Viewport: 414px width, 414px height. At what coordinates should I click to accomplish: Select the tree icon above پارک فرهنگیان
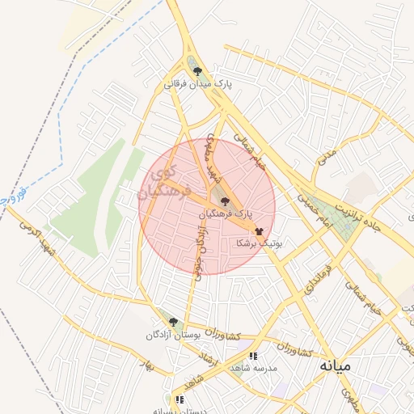[224, 201]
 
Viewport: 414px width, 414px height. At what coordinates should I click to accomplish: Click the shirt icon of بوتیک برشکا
[259, 230]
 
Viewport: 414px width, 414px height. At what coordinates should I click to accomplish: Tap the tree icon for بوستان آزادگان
[173, 322]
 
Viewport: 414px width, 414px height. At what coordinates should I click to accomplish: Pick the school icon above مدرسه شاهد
[254, 355]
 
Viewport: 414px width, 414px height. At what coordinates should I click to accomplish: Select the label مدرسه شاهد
[253, 367]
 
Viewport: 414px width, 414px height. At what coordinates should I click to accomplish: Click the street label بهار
[146, 363]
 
